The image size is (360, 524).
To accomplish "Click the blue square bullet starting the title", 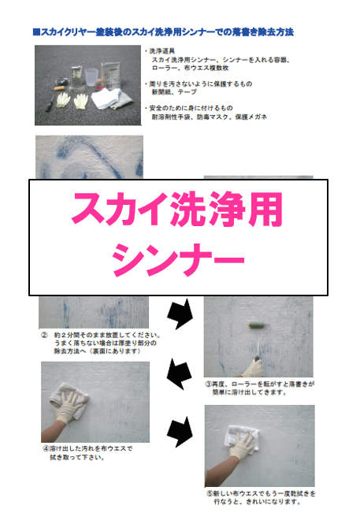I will click(x=38, y=32).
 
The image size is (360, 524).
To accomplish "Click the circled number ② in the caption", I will click(x=45, y=334).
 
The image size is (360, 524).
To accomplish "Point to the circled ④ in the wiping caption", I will click(x=46, y=448).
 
